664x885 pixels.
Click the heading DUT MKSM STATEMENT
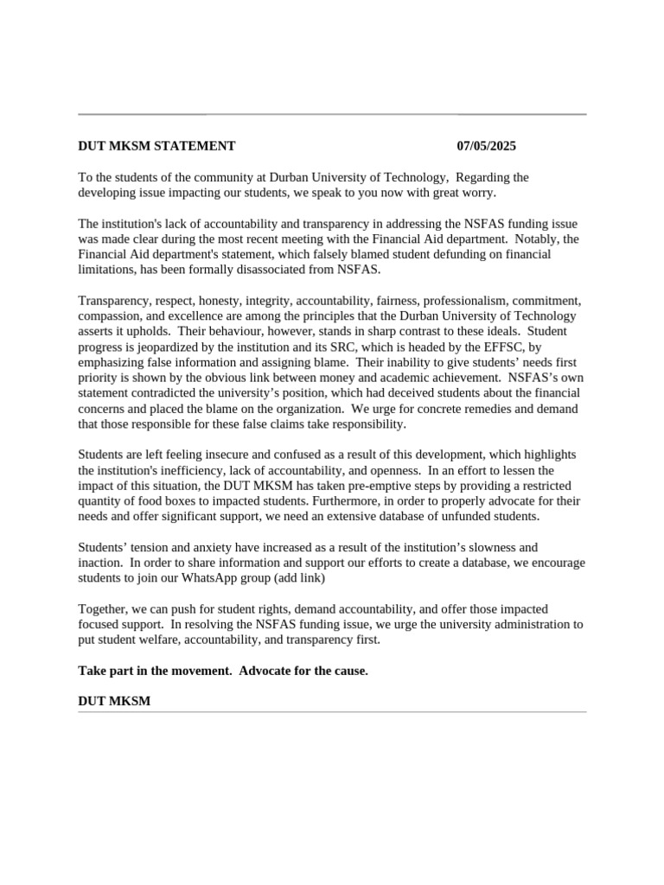(x=156, y=146)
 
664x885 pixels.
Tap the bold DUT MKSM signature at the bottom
(x=114, y=701)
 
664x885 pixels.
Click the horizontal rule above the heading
(x=332, y=114)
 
